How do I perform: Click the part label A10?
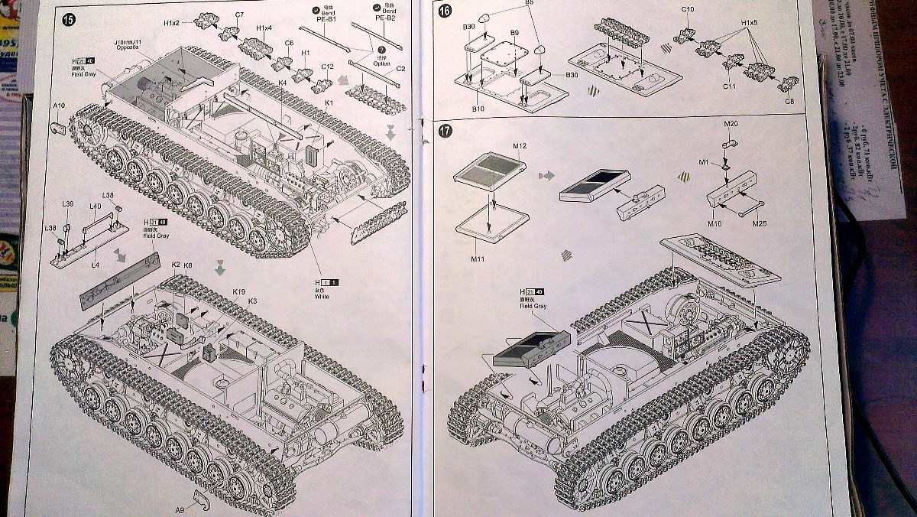60,106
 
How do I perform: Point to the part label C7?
239,15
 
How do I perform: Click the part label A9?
180,509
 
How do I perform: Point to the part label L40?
96,206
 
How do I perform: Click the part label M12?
521,145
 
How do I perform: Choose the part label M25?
759,223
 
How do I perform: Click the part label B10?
478,109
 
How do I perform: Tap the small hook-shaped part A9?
200,499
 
